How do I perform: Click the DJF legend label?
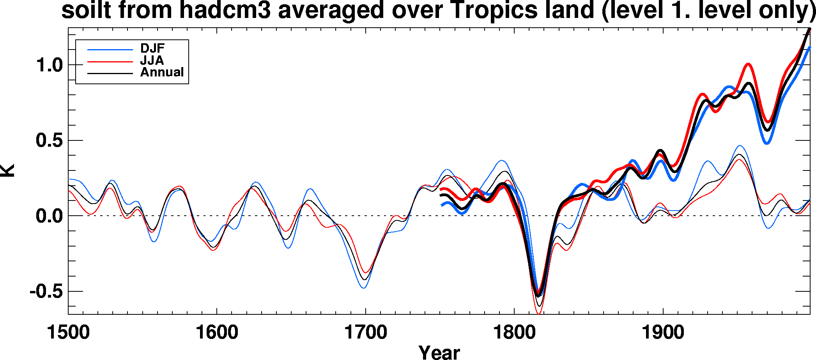[152, 48]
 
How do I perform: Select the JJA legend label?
[152, 60]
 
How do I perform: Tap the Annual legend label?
[162, 72]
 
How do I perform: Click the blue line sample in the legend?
[110, 50]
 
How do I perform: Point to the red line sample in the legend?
[110, 62]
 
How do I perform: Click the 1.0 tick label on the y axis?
[50, 65]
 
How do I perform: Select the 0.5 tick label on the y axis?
[50, 140]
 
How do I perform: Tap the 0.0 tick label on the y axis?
[50, 216]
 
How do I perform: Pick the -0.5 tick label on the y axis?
[46, 291]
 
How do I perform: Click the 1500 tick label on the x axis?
[68, 333]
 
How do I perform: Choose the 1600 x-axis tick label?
[217, 333]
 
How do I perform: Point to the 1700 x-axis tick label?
[365, 333]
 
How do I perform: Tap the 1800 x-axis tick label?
[514, 333]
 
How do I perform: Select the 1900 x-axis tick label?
[663, 333]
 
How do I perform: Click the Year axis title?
[439, 352]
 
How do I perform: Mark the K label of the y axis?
[8, 170]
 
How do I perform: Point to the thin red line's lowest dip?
[538, 313]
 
